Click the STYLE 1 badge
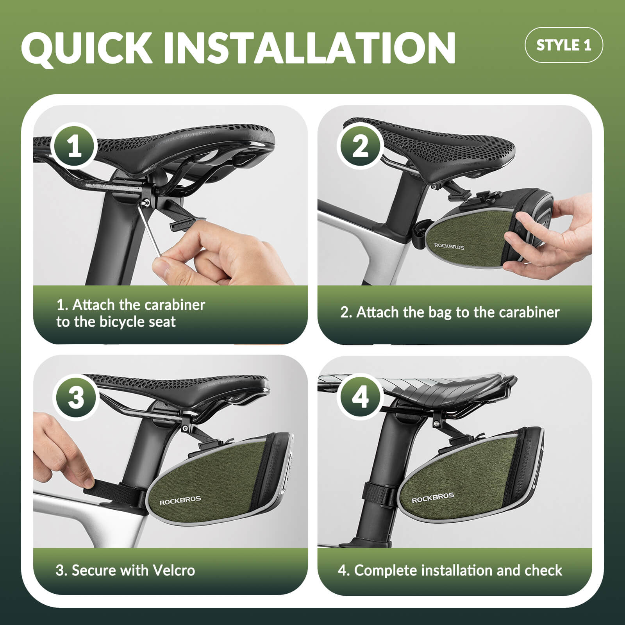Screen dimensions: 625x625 564,45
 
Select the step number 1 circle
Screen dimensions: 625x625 75,146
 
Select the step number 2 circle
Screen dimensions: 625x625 360,146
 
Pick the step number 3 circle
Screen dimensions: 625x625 75,398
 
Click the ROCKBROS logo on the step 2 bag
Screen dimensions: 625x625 449,246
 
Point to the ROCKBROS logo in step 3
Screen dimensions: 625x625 180,500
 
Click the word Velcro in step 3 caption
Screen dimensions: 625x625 174,570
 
